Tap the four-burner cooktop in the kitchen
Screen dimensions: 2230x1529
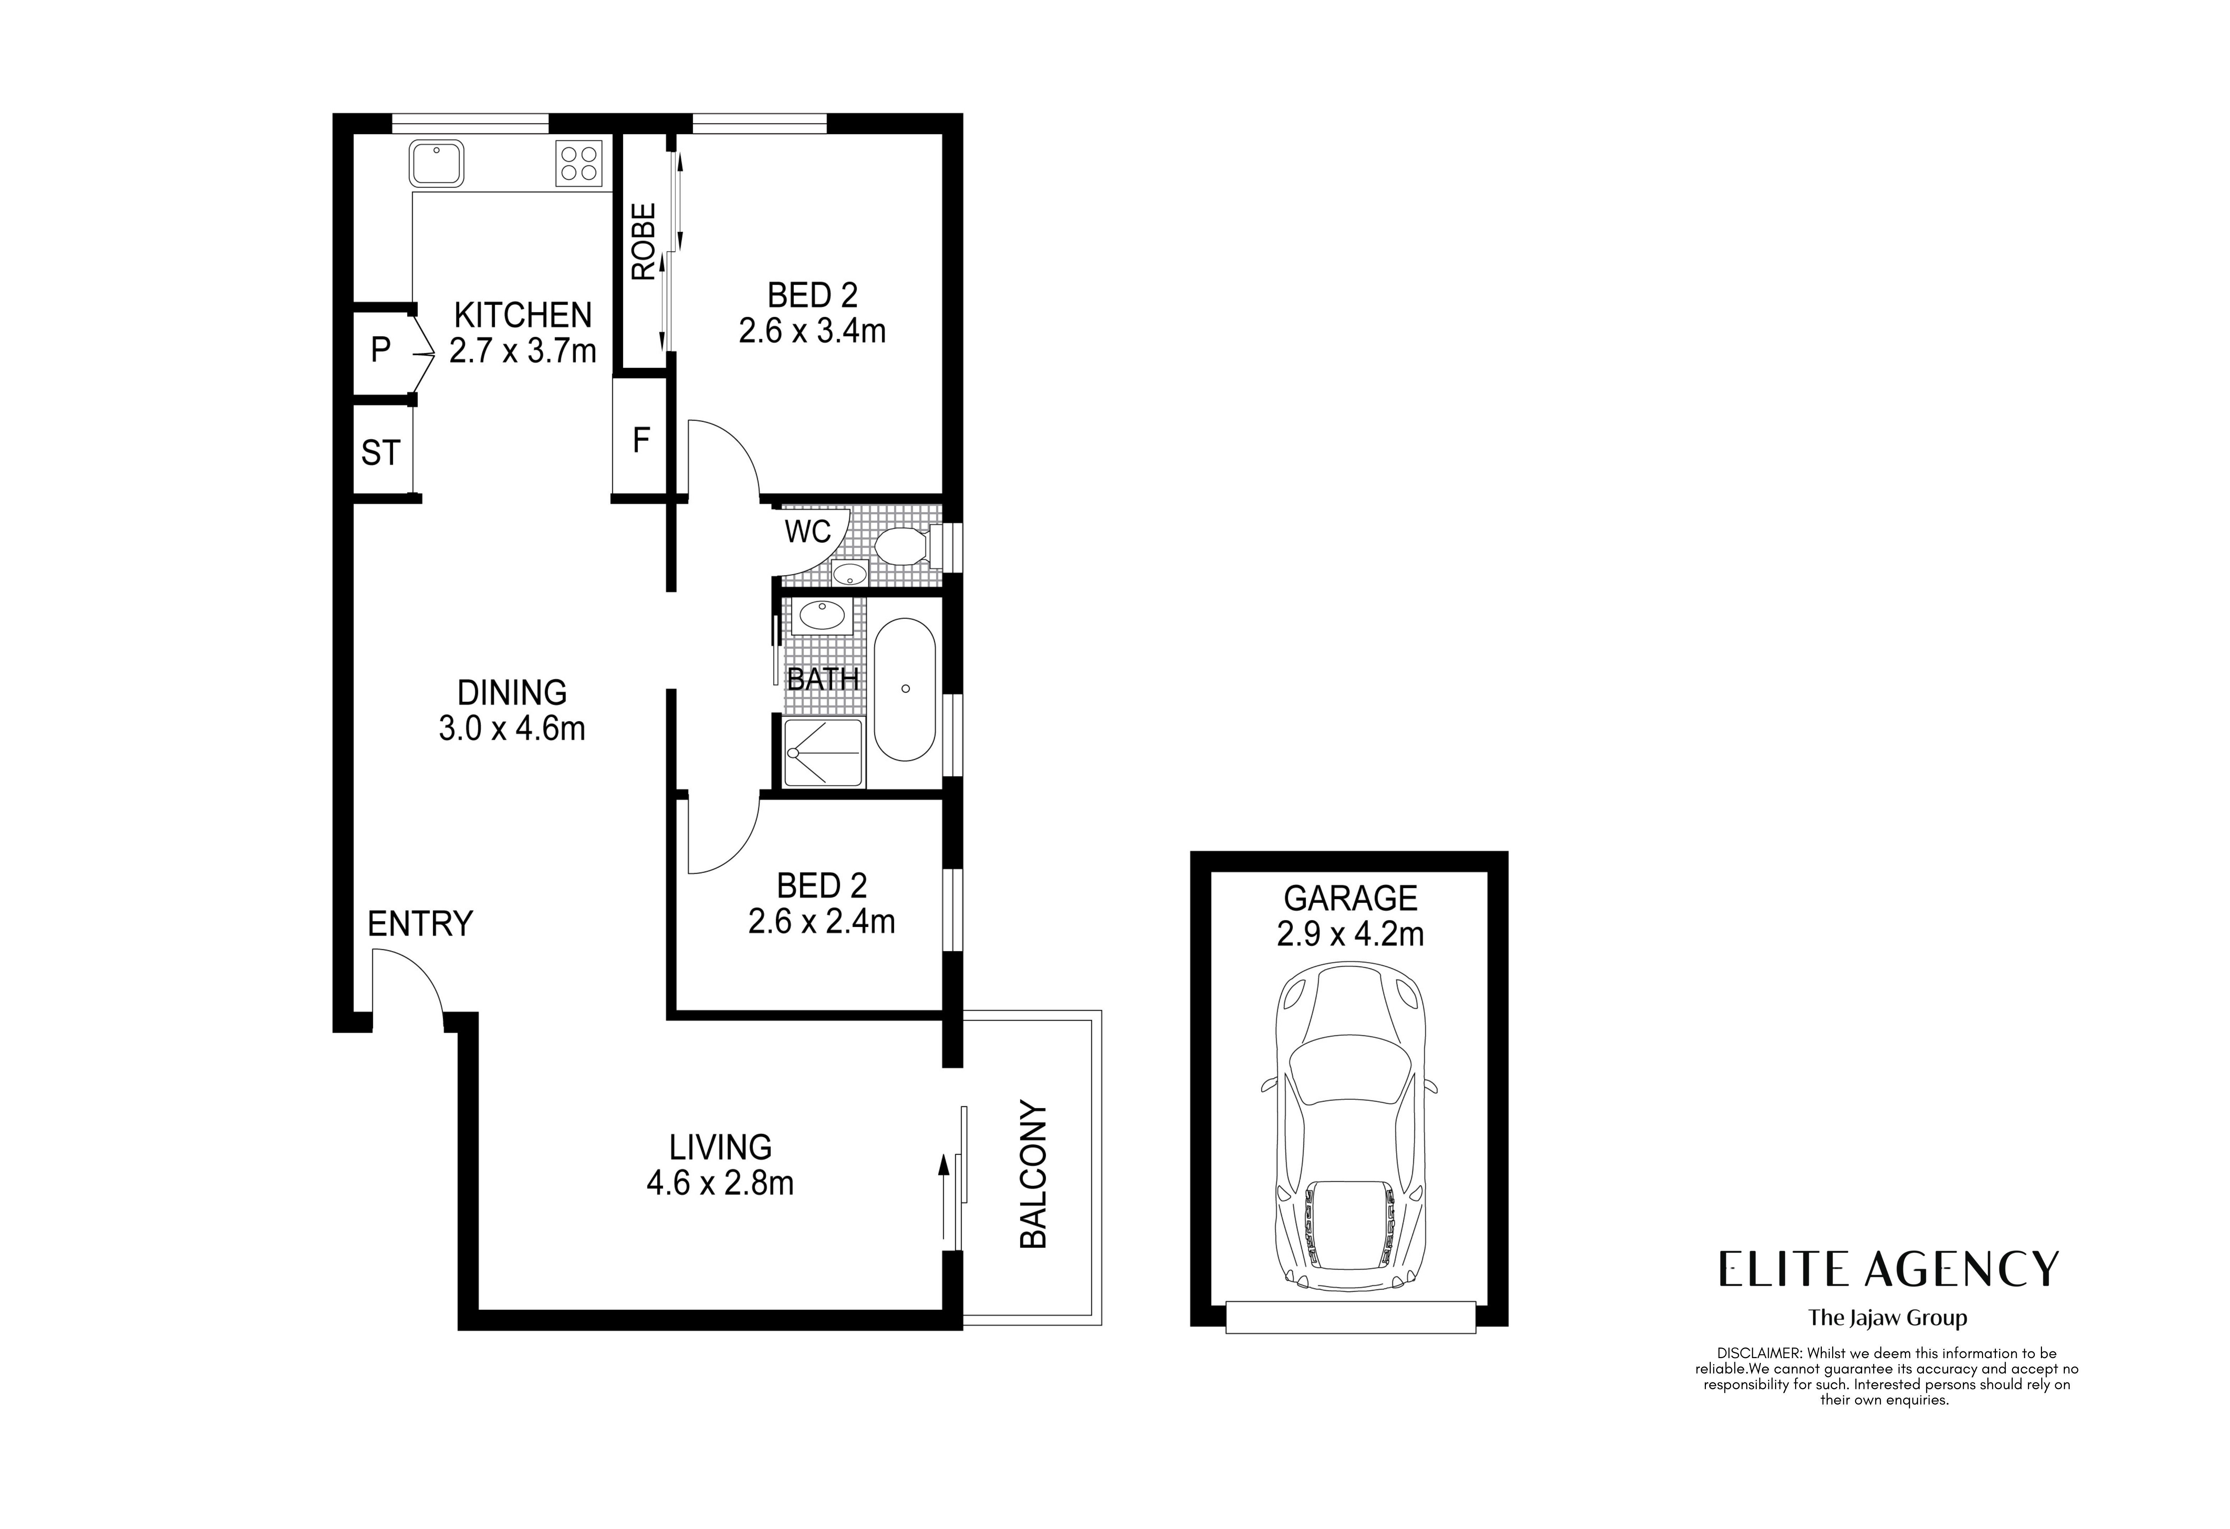579,163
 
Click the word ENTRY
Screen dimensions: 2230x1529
420,924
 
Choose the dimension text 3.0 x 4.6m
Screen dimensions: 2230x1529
511,729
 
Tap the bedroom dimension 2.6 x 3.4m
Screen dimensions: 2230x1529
812,331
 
